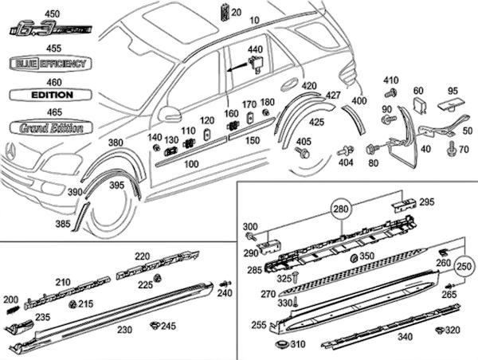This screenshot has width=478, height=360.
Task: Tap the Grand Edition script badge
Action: (50, 127)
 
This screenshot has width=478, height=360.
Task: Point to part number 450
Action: (53, 14)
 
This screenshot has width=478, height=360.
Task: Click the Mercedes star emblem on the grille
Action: (10, 149)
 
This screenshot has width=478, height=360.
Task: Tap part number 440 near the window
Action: (255, 49)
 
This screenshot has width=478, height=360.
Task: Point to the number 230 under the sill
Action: (124, 329)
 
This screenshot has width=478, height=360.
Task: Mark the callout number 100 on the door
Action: (191, 164)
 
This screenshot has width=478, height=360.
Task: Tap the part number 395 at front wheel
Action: (117, 185)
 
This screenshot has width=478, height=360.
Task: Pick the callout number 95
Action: (453, 90)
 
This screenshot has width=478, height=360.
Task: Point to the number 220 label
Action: (143, 256)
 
